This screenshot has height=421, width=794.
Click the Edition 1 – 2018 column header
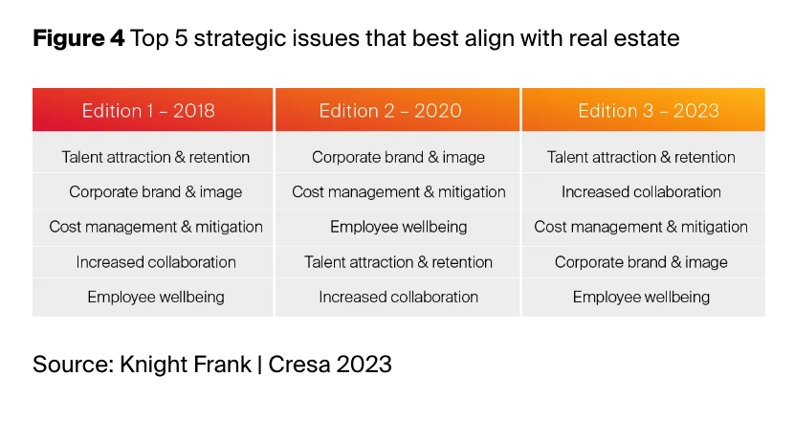coord(148,110)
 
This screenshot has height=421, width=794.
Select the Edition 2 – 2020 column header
coord(390,110)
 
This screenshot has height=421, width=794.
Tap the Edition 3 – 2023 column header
coord(649,110)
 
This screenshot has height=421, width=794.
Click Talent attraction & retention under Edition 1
coord(156,157)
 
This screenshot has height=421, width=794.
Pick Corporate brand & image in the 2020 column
coord(398,157)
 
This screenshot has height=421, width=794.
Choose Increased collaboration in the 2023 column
coord(641,191)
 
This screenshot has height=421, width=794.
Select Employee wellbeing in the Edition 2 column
coord(399,227)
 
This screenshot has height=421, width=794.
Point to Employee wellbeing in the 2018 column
coord(156,297)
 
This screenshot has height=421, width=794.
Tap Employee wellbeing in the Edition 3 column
coord(641,297)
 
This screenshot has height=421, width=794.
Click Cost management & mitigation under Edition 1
coord(156,227)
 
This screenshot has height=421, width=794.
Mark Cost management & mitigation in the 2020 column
coord(399,191)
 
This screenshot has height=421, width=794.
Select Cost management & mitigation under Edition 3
coord(641,227)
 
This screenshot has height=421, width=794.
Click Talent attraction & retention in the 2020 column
coord(398,262)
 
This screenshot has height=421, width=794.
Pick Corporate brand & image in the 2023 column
coord(641,262)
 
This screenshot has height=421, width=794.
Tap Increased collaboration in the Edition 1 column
coord(156,262)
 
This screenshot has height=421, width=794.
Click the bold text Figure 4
coord(78,38)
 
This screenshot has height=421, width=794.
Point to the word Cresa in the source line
coord(298,365)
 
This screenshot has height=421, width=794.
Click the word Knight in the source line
coord(152,365)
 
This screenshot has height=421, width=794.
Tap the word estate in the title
coord(650,38)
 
